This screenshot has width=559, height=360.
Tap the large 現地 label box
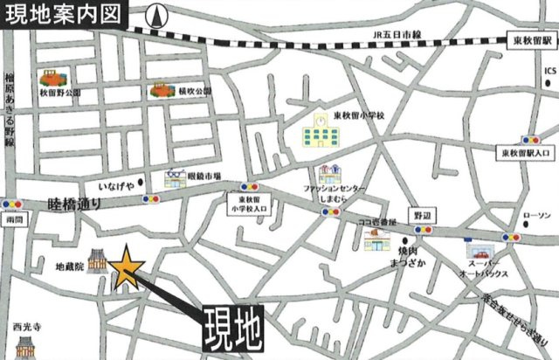(x=232, y=329)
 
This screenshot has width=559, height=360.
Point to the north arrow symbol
(x=156, y=15)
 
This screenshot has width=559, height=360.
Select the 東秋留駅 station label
(x=532, y=41)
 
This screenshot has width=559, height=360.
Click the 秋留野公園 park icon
(x=49, y=79)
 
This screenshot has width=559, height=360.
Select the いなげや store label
(x=115, y=186)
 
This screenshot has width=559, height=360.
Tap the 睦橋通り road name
(x=75, y=204)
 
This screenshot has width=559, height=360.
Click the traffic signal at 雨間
(x=12, y=204)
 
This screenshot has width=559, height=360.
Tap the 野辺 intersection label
(x=424, y=215)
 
